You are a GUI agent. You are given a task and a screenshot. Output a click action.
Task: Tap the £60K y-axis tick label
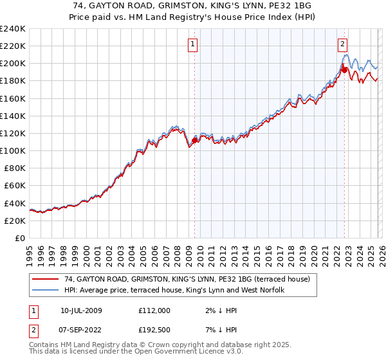[14, 185]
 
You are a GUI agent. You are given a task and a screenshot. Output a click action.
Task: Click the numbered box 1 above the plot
[194, 44]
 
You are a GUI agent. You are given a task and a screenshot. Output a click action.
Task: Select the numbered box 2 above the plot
[343, 44]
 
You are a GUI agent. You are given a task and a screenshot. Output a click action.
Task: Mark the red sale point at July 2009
[194, 140]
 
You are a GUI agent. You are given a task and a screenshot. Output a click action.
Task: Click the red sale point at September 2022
[344, 69]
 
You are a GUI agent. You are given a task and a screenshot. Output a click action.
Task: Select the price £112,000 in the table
[154, 310]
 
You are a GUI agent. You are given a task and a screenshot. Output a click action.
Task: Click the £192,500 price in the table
[154, 329]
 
